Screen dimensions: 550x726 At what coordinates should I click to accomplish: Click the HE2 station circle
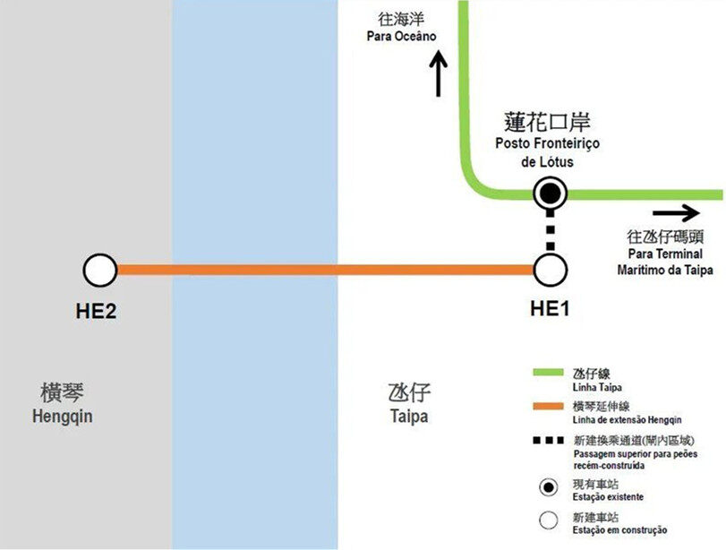[99, 269]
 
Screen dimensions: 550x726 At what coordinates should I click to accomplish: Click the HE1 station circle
[550, 269]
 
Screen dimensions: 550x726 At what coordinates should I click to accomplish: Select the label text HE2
[98, 312]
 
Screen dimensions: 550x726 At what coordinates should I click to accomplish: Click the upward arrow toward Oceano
[438, 74]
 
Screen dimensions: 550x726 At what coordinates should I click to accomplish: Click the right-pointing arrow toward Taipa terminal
[676, 212]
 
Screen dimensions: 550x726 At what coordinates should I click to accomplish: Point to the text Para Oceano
[401, 37]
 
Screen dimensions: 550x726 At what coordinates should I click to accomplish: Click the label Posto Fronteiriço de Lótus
[548, 153]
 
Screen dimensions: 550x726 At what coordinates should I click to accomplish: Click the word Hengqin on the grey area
[62, 417]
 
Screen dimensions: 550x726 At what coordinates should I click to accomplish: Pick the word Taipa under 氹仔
[409, 417]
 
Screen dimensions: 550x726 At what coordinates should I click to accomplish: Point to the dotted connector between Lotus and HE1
[550, 231]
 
